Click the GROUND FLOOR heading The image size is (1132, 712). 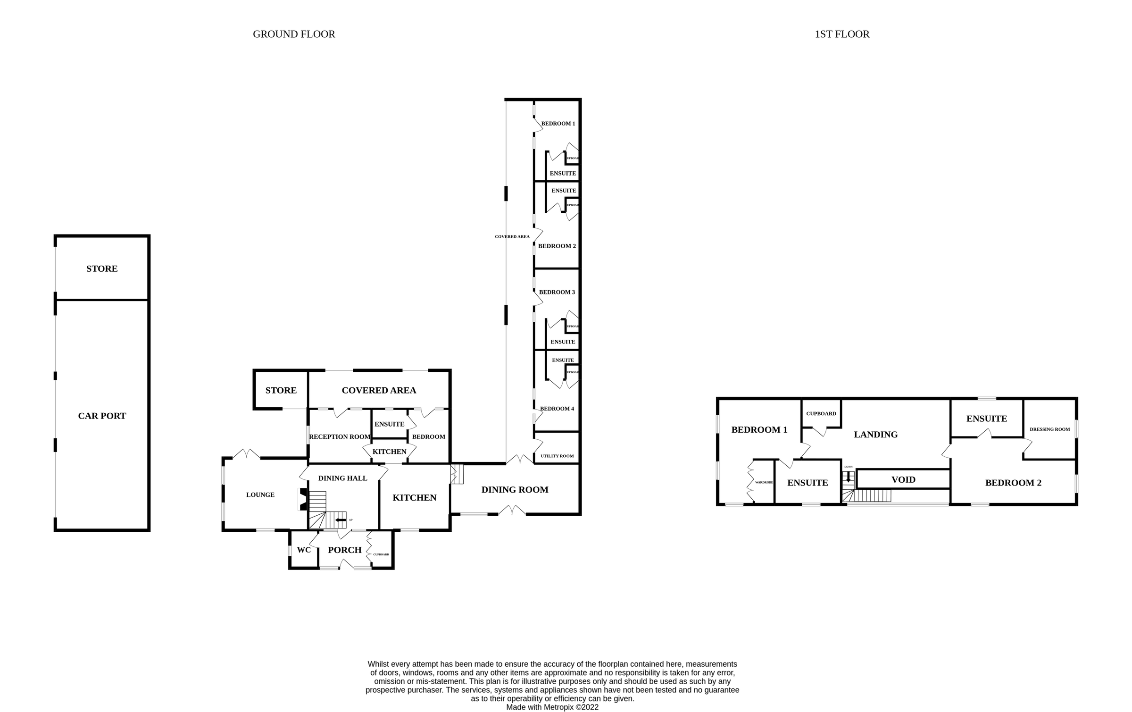coord(294,34)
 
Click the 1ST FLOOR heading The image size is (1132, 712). coord(842,34)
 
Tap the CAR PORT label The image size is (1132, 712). coord(102,416)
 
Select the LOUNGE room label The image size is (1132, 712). coord(260,494)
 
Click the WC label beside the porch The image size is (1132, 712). coord(304,550)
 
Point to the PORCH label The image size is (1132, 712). coord(344,550)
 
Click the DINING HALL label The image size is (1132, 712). coord(342,478)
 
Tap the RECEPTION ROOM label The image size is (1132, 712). coord(339,436)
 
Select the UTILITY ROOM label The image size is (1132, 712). coord(557,456)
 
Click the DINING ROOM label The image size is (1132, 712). coord(515,490)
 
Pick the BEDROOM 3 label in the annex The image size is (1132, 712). coord(557,292)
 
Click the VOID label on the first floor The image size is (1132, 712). coord(903,479)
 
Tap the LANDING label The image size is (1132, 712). coord(875,435)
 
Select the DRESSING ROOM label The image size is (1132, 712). coord(1049,429)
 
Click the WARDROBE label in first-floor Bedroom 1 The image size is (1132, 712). coord(764,482)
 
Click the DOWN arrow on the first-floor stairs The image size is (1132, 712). coord(848,477)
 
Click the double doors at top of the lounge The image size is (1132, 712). coord(246,454)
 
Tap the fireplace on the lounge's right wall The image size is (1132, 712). coord(302,499)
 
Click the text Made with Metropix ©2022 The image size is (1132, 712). coord(552,707)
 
